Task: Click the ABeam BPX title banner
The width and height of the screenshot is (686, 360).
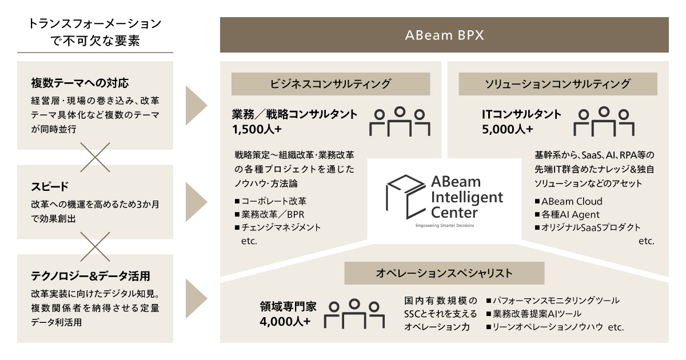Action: click(444, 35)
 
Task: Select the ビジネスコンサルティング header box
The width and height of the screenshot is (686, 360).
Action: click(330, 84)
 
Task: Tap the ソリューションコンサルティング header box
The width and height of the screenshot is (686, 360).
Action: click(557, 84)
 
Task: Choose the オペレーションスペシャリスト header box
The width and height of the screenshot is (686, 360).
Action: click(444, 273)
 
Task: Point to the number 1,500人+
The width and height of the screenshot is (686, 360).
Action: click(257, 129)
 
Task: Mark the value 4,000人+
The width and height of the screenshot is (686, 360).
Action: click(285, 321)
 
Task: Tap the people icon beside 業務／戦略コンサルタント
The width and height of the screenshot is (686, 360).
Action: click(400, 121)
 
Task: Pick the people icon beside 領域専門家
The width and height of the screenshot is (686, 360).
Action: click(354, 313)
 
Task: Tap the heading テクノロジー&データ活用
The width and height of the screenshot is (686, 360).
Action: click(91, 277)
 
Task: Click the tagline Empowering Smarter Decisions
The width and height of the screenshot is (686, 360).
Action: click(444, 226)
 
